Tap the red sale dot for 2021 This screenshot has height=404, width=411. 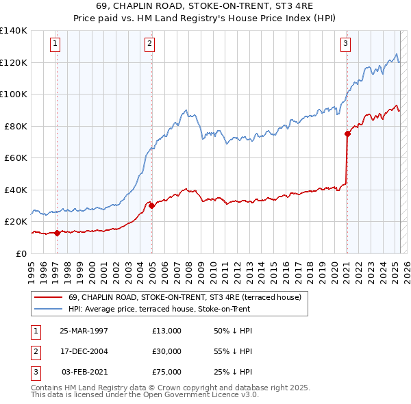pyautogui.click(x=347, y=134)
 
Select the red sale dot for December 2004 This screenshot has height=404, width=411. pyautogui.click(x=151, y=205)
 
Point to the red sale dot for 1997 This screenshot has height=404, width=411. pyautogui.click(x=57, y=233)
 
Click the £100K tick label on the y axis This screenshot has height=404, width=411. pyautogui.click(x=13, y=94)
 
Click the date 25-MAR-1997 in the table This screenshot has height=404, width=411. pyautogui.click(x=84, y=331)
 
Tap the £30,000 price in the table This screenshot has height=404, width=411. pyautogui.click(x=167, y=351)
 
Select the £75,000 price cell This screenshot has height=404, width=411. pyautogui.click(x=167, y=372)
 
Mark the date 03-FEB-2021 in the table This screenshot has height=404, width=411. pyautogui.click(x=84, y=372)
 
